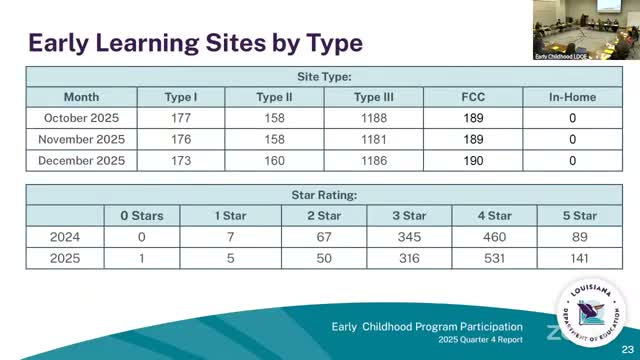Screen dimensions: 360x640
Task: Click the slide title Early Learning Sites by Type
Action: click(195, 43)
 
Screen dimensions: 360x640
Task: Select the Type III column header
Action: click(374, 97)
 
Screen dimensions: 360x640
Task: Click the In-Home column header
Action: click(573, 97)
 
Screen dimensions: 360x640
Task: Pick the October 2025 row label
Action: click(81, 118)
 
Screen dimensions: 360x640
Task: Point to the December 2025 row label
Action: click(81, 160)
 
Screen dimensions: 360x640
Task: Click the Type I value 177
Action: click(183, 118)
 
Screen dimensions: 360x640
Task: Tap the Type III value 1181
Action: click(374, 139)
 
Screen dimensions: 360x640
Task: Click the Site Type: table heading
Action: click(324, 76)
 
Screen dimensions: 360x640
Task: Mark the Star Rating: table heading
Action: click(324, 194)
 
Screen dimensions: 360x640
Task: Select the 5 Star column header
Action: click(573, 215)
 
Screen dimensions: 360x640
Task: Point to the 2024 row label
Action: click(64, 236)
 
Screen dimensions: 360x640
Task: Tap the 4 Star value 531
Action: click(493, 257)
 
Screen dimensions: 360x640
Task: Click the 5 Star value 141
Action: click(573, 257)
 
